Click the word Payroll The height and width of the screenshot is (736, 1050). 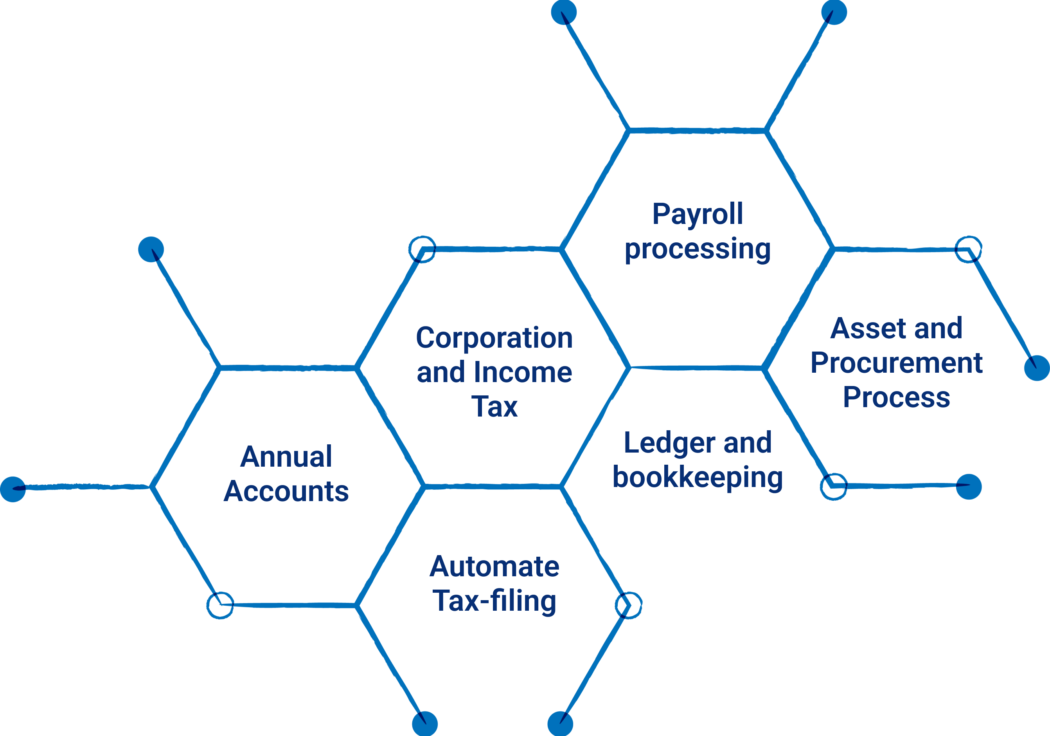point(698,214)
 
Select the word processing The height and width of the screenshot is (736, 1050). point(698,249)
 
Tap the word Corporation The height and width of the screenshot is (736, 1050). point(494,338)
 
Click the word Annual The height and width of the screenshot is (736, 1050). point(286,457)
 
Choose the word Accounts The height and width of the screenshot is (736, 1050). point(286,491)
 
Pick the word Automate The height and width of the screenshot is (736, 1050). point(494,566)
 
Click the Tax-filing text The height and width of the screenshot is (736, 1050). point(494,601)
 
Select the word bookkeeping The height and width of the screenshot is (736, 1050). point(698,478)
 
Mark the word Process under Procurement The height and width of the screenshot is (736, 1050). point(896,397)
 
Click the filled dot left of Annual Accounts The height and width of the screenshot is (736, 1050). point(13,489)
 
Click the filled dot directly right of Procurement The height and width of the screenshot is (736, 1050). point(1037,368)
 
